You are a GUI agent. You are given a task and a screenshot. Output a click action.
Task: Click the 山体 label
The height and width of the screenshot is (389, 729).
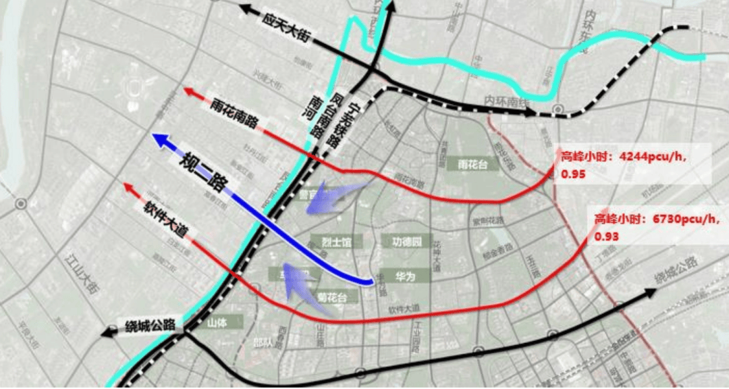(x=217, y=323)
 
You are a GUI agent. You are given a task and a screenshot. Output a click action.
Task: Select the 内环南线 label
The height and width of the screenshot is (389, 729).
(x=504, y=100)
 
